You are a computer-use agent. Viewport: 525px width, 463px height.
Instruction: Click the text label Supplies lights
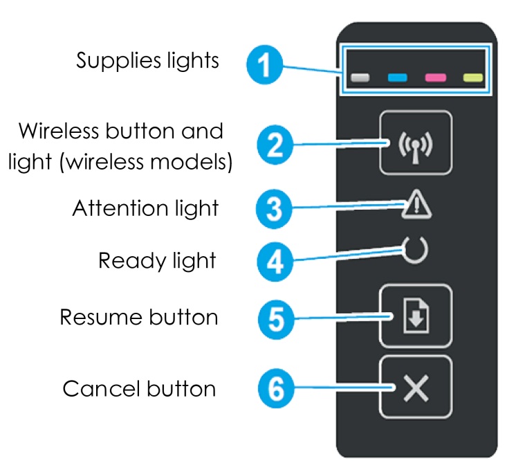(x=147, y=61)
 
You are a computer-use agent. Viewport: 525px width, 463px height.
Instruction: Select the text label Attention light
(x=145, y=208)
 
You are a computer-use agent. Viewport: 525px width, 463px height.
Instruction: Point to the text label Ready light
(x=157, y=261)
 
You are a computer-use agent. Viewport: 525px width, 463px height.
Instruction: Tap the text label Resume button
(x=139, y=318)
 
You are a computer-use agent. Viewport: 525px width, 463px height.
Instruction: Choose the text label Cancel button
(x=139, y=388)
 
